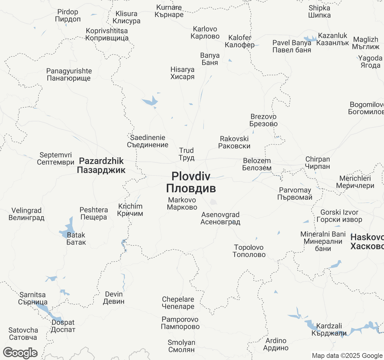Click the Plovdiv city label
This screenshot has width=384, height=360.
tap(191, 182)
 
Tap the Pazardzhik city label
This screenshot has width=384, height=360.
tap(101, 165)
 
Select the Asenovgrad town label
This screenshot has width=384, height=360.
tap(220, 218)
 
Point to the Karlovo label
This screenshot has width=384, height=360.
tap(205, 33)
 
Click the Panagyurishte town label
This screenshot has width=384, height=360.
tap(69, 75)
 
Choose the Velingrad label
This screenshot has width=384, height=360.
tap(26, 214)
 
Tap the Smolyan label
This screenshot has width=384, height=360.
tap(181, 346)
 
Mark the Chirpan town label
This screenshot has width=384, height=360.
tap(317, 163)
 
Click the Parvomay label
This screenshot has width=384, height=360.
tap(295, 194)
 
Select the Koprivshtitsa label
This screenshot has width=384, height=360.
tap(107, 34)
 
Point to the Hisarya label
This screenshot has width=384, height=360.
tap(182, 73)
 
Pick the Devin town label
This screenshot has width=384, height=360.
tap(114, 298)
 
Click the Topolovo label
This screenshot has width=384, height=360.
tap(249, 251)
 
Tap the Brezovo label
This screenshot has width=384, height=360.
tap(263, 120)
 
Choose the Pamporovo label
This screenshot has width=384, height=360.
tap(180, 323)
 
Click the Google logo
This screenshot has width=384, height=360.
tap(20, 353)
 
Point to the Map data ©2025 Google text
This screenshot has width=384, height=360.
tap(347, 356)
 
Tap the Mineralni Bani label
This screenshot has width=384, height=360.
tap(323, 241)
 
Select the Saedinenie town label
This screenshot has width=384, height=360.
tap(148, 141)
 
